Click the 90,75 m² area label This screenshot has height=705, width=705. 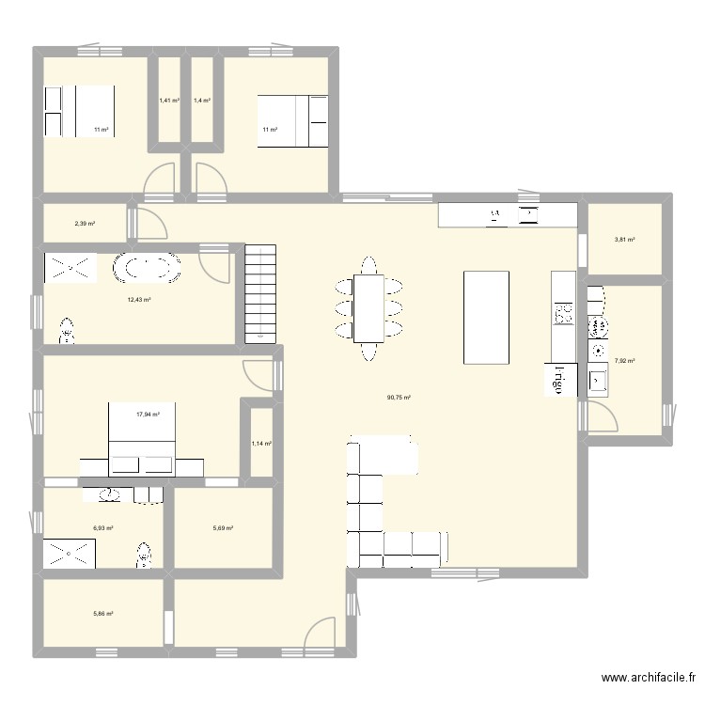(399, 398)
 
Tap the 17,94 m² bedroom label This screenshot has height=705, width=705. (148, 414)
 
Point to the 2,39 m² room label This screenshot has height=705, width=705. (86, 224)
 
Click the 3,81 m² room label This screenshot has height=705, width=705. (625, 240)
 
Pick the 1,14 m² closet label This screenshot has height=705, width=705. (260, 444)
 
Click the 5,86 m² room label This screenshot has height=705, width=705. (102, 614)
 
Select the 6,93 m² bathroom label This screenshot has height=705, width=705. (102, 528)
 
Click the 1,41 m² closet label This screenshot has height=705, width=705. (169, 100)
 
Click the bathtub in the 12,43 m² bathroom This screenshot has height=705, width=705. (147, 268)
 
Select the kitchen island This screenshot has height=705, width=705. (486, 317)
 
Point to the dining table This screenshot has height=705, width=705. (368, 308)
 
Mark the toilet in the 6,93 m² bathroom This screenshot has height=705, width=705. (144, 554)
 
